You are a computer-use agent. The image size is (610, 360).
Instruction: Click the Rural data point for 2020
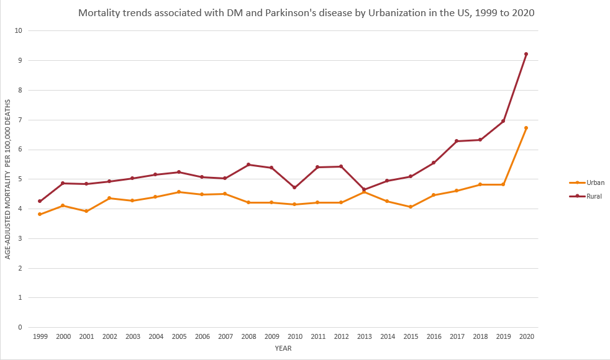[526, 54]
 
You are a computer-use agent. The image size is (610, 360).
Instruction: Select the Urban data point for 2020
[526, 128]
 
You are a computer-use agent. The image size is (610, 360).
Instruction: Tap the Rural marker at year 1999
[40, 201]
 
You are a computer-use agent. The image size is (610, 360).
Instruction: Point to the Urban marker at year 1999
[40, 214]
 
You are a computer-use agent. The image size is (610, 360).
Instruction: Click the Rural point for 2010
[294, 187]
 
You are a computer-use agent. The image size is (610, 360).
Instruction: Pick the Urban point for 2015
[410, 207]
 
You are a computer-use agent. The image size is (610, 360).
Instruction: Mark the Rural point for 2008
[248, 164]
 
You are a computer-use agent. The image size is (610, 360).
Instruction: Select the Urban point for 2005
[179, 192]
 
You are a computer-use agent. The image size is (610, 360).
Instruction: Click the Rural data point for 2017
[457, 141]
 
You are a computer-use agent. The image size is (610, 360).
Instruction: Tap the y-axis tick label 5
[20, 179]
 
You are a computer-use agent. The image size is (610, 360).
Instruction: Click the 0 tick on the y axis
[20, 327]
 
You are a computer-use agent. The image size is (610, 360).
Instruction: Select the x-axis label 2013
[364, 336]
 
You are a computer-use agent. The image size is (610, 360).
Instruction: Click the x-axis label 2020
[526, 336]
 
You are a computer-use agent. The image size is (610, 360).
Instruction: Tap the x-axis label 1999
[40, 336]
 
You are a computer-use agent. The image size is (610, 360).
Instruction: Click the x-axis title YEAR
[283, 348]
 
